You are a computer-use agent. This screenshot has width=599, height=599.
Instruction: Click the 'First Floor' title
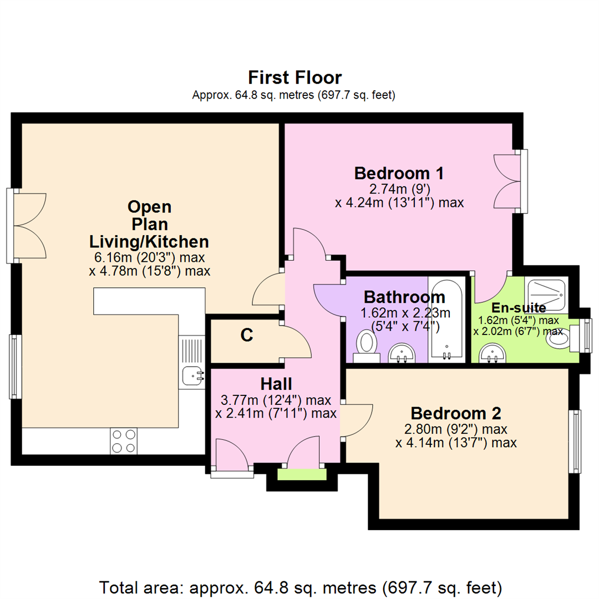click(295, 77)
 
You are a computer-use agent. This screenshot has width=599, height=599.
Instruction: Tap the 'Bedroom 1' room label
click(399, 173)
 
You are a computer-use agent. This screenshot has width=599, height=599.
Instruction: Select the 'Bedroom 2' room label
click(456, 413)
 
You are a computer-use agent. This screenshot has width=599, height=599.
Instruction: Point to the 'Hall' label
click(276, 383)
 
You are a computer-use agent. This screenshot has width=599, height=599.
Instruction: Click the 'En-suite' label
click(518, 307)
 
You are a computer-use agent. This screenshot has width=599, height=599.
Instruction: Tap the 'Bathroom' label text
click(404, 297)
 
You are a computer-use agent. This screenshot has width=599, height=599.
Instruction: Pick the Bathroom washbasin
click(401, 352)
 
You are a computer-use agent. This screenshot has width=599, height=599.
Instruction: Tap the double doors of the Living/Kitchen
click(28, 225)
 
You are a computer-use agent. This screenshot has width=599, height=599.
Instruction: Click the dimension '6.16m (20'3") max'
click(149, 257)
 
